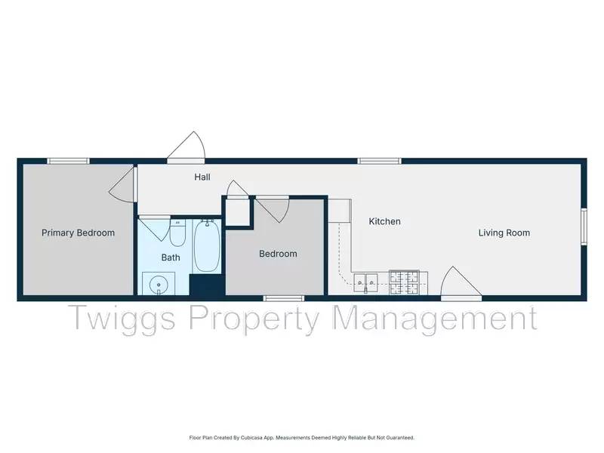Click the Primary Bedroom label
coord(78,233)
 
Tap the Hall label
coord(202,177)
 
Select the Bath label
coord(171,257)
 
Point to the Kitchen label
coord(384,222)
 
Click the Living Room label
coord(504,233)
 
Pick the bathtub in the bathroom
coord(206,246)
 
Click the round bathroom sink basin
coord(159,285)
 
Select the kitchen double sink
coord(368,283)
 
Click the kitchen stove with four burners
coord(407,282)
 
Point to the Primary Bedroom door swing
coord(123,185)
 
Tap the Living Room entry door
coord(461,284)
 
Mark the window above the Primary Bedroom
coord(68,160)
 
